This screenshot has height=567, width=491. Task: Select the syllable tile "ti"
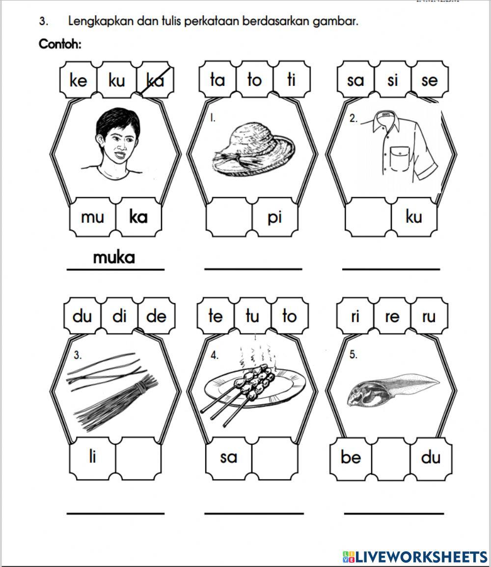click(291, 79)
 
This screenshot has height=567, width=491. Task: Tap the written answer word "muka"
click(114, 257)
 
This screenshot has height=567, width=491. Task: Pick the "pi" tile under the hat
click(274, 217)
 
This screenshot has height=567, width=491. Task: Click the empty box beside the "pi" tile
click(229, 217)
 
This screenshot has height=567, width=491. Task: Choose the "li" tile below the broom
click(92, 457)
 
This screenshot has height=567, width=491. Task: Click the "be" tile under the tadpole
click(351, 457)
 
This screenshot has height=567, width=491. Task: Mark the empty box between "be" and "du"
click(391, 457)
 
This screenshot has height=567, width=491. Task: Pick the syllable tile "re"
click(392, 316)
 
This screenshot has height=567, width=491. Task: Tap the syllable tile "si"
click(392, 79)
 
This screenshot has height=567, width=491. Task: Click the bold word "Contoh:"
click(60, 45)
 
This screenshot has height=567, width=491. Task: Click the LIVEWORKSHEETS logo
click(415, 556)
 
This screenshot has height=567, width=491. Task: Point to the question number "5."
click(353, 355)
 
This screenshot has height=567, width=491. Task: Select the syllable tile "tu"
click(252, 316)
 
